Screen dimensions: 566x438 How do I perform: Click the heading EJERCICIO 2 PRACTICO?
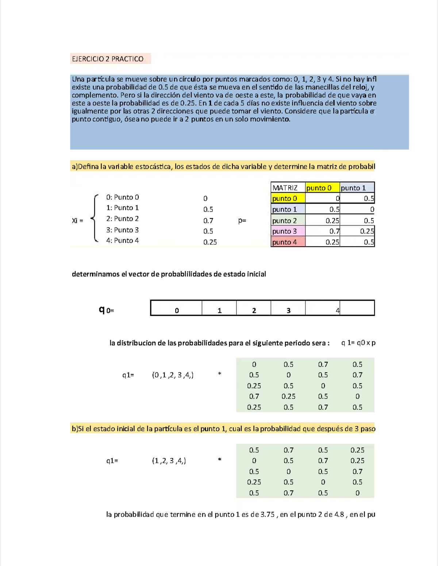pos(108,59)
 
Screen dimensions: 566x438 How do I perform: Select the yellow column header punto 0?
pos(319,188)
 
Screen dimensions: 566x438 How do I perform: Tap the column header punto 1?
pos(353,188)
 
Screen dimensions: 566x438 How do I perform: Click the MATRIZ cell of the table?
pos(285,188)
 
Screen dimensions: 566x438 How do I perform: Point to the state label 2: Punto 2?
pos(122,219)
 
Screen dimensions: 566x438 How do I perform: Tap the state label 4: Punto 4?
pos(122,240)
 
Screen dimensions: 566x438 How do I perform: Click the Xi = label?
pos(77,220)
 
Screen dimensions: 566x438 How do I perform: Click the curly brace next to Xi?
pos(95,219)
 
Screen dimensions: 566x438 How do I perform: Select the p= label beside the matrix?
pos(242,220)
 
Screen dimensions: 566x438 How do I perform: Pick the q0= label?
pos(107,310)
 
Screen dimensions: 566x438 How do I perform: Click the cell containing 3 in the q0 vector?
pos(288,311)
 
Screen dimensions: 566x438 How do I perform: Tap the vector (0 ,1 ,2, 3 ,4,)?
pos(173,375)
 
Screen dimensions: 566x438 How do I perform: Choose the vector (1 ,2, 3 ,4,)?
pos(169,461)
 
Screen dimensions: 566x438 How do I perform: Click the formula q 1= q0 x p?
pos(358,343)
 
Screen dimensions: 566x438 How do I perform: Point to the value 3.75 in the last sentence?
pos(268,515)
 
